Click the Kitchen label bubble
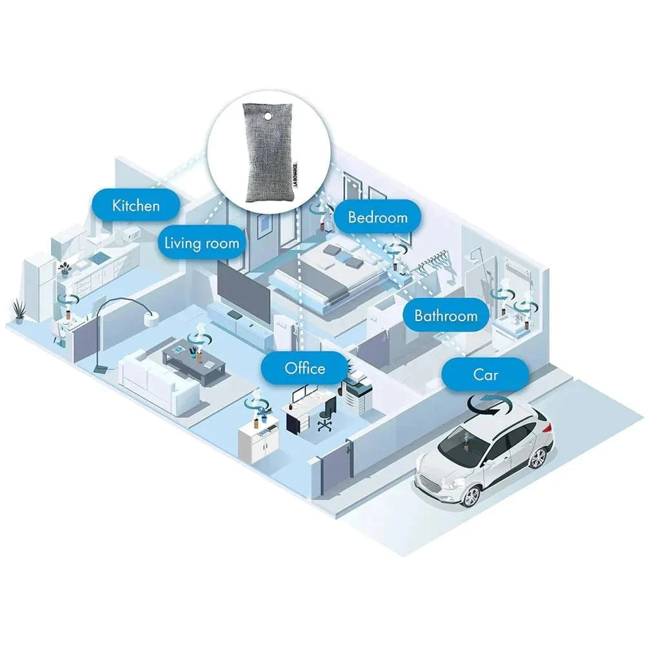click(x=135, y=206)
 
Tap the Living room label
click(x=201, y=243)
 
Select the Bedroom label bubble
click(x=377, y=217)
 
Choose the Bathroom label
click(x=446, y=316)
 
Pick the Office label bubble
click(x=305, y=368)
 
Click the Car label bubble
click(x=486, y=374)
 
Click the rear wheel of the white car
click(x=537, y=457)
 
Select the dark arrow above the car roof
click(x=490, y=406)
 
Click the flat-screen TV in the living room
click(x=244, y=288)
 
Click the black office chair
click(x=326, y=413)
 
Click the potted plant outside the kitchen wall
click(x=19, y=311)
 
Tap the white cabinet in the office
click(x=259, y=440)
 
